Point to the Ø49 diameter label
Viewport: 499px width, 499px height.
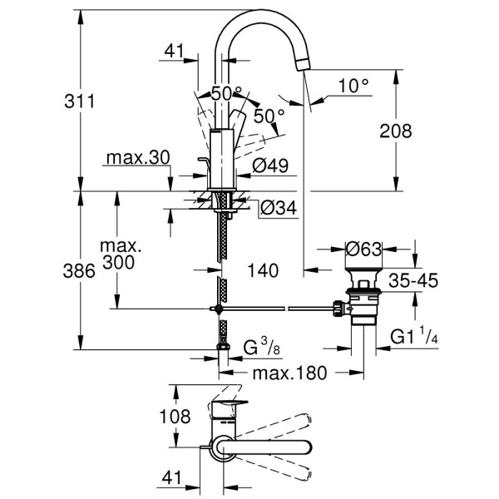270,166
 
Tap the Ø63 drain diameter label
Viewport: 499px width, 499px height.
364,249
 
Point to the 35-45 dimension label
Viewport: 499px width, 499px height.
414,281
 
